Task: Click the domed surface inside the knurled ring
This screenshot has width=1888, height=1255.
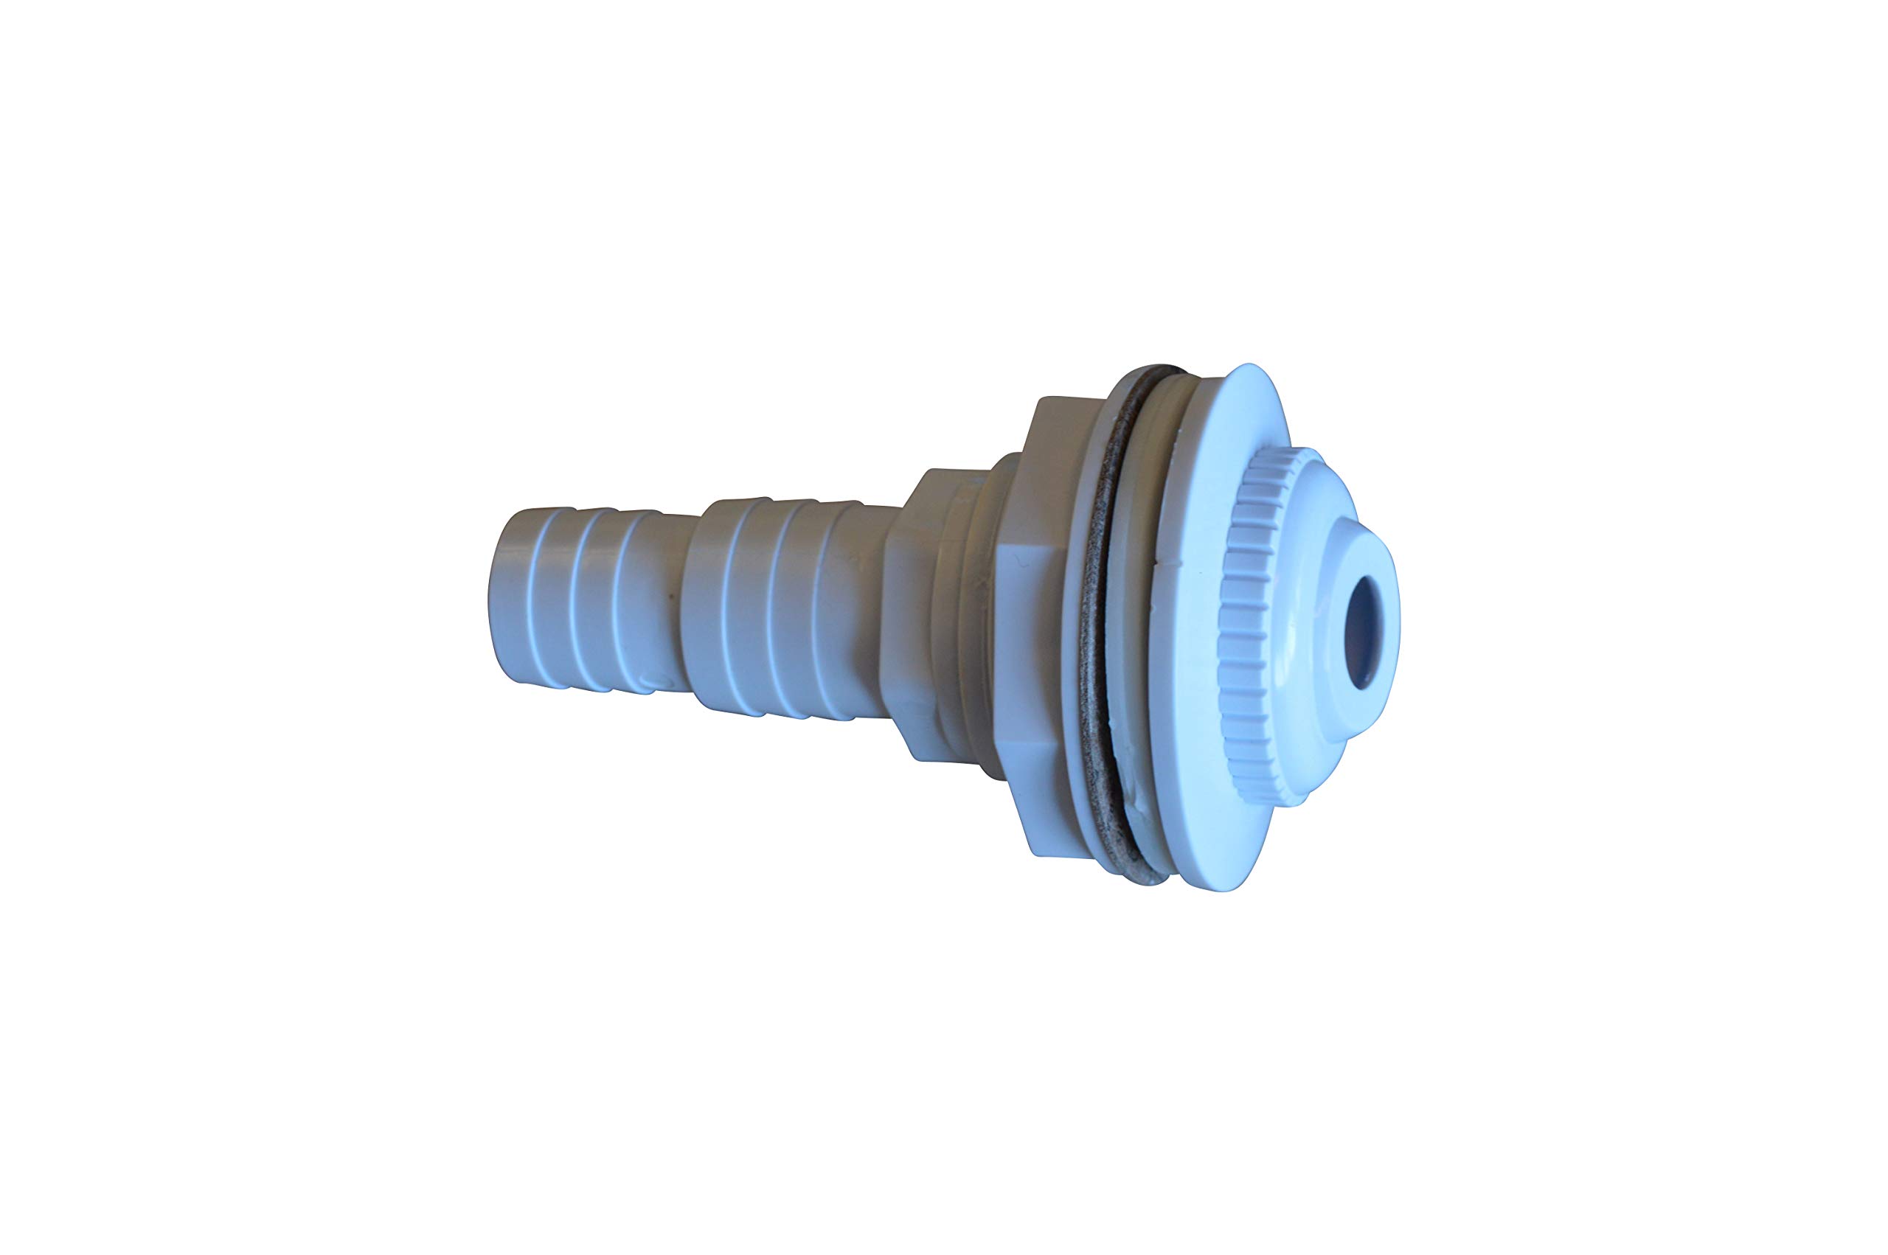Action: click(x=1300, y=512)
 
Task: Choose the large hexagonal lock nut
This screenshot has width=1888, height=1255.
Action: click(x=1028, y=625)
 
